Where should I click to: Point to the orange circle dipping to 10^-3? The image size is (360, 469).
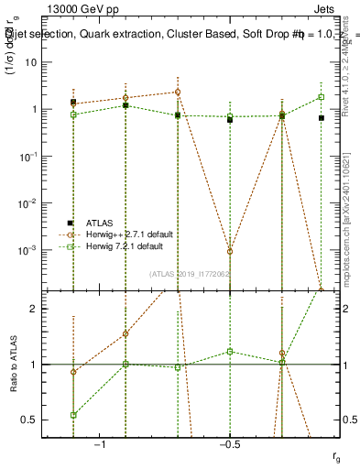(x=230, y=251)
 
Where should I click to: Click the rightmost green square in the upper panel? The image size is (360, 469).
(x=321, y=97)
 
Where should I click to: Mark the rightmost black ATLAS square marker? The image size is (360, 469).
(x=321, y=118)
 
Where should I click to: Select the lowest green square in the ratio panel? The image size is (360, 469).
(x=73, y=415)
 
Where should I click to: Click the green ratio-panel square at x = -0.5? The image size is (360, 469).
(x=230, y=352)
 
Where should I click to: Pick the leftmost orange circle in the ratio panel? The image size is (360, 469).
(x=73, y=372)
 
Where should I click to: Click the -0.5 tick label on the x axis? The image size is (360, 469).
(x=229, y=442)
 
